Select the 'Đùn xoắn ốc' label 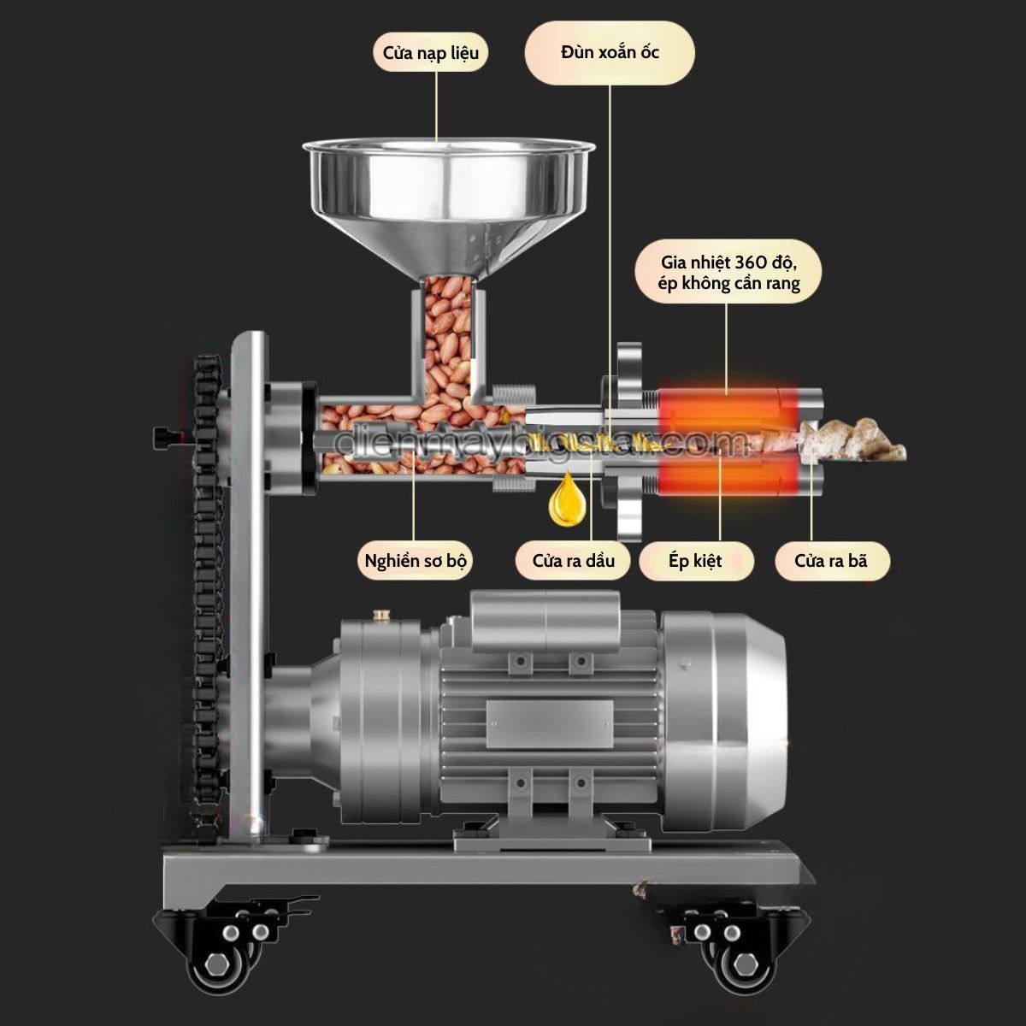(x=610, y=53)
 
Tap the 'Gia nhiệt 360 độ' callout (x=728, y=272)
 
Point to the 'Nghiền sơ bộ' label (x=415, y=562)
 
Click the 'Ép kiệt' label (x=694, y=562)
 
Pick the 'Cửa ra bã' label (x=830, y=562)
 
